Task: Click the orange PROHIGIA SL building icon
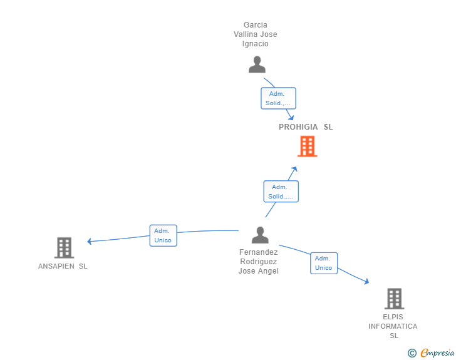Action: [x=307, y=147]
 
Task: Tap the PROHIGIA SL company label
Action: [x=306, y=127]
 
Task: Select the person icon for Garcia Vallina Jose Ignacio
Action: [x=257, y=64]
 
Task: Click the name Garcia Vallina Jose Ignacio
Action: [x=256, y=34]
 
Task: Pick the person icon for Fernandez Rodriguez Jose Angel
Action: [x=260, y=235]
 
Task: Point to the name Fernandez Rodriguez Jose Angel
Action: [x=259, y=262]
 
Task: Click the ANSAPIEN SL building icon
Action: [x=64, y=248]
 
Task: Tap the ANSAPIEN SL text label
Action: [x=63, y=266]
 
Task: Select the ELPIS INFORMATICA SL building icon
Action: [x=394, y=299]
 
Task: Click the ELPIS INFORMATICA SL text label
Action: [x=393, y=326]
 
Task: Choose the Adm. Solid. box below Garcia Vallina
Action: [x=278, y=98]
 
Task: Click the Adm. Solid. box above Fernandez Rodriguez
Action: [x=281, y=192]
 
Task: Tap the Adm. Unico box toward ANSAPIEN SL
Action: [x=163, y=235]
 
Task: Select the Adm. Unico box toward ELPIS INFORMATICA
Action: [x=323, y=263]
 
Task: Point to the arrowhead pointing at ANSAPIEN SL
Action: [x=90, y=241]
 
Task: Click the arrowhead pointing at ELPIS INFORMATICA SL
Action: [x=366, y=282]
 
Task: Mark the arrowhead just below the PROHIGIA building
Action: [x=295, y=169]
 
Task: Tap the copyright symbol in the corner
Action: [x=412, y=353]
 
